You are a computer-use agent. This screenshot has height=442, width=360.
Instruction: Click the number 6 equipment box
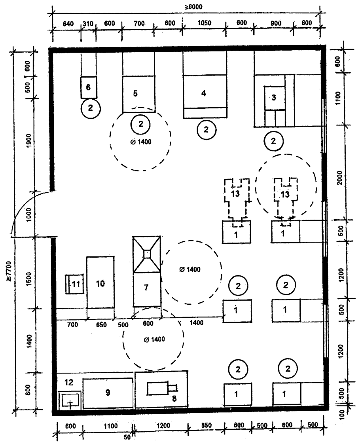pos(89,87)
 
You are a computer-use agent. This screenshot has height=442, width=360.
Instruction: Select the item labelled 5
pos(135,94)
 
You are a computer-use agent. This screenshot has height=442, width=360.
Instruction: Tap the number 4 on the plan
pos(203,93)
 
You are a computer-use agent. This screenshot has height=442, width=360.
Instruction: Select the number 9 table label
pos(107,392)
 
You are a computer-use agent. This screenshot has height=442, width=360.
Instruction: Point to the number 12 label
pos(69,382)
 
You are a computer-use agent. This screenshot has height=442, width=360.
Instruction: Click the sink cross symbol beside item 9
pos(70,404)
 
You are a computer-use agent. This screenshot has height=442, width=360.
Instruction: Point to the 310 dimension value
pos(89,23)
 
